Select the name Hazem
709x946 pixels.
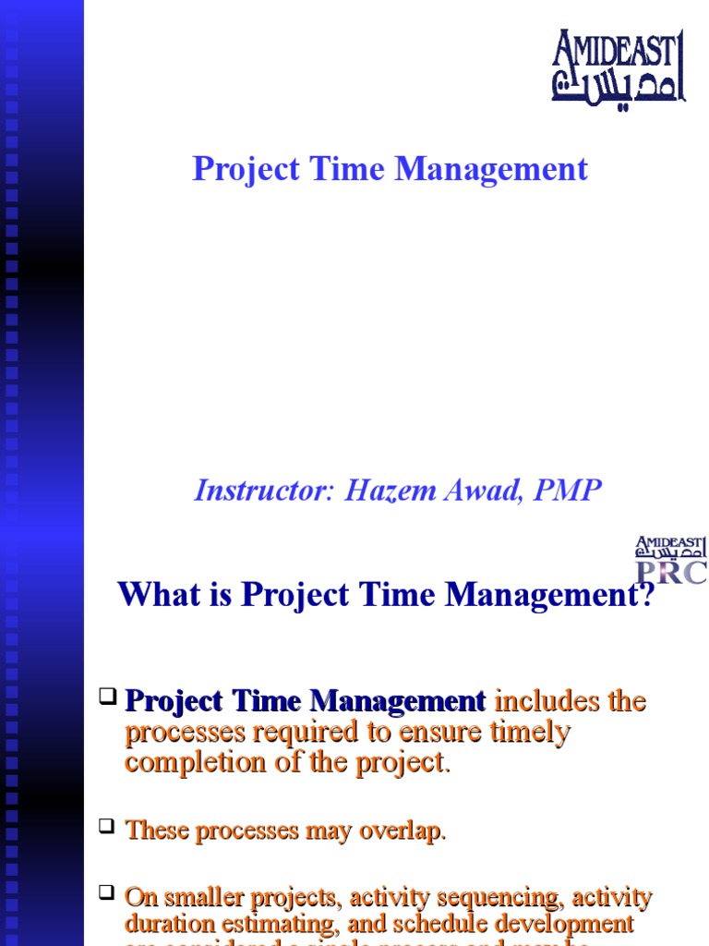coord(387,491)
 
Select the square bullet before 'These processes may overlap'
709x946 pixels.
coord(109,826)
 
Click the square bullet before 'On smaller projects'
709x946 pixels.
coord(109,893)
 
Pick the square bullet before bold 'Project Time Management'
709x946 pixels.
coord(109,696)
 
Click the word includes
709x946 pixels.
coord(540,702)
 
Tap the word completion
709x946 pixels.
coord(184,764)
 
